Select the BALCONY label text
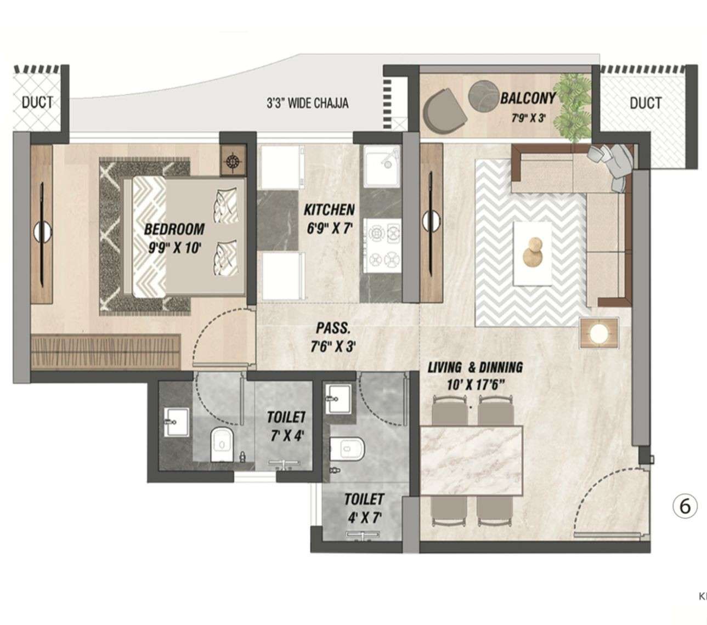(x=527, y=99)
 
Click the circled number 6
(x=685, y=506)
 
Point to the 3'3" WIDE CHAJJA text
(x=307, y=103)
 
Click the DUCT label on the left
(x=37, y=103)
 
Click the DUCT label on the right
(x=645, y=103)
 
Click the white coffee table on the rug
(x=533, y=253)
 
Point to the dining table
(x=471, y=461)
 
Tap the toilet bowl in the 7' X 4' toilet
(x=222, y=445)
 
